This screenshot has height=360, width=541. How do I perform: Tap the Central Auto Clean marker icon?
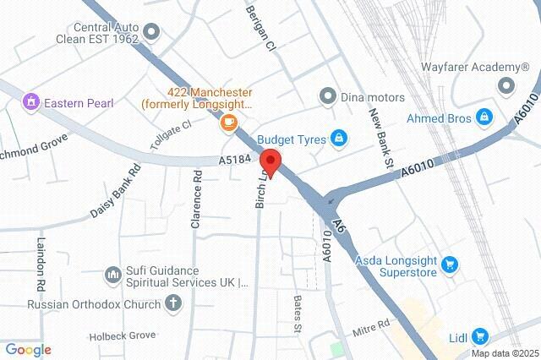tap(152, 33)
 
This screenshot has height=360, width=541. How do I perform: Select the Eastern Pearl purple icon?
tap(32, 102)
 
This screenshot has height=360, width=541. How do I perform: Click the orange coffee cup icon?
tap(228, 123)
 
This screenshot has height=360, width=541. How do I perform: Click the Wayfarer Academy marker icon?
tap(506, 85)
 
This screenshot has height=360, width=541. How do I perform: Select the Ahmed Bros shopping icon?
tap(484, 117)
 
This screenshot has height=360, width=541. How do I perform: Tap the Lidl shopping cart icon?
tap(479, 335)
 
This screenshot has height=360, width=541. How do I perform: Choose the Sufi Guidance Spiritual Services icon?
tap(113, 275)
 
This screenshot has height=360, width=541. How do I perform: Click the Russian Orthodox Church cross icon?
tap(174, 303)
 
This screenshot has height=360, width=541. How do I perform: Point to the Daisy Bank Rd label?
tap(116, 190)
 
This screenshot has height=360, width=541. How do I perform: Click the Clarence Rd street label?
tap(196, 199)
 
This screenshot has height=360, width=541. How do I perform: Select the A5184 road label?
tap(236, 159)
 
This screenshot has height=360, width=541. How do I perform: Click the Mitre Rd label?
tap(370, 327)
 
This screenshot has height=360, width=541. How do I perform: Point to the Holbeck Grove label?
tap(123, 335)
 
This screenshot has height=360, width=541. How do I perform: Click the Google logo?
tap(28, 349)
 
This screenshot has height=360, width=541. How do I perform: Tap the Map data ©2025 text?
tap(505, 353)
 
